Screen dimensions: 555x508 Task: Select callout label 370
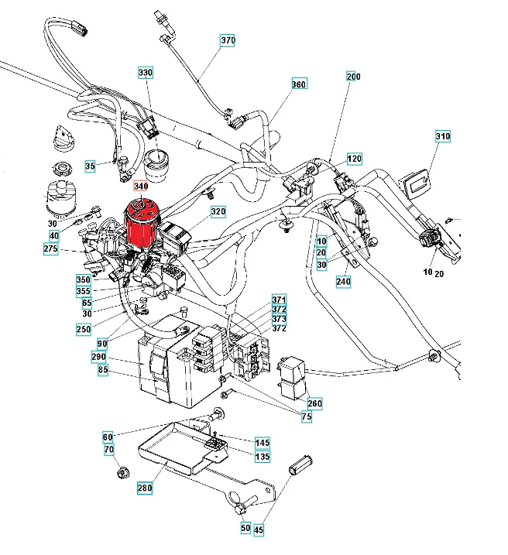coord(228,40)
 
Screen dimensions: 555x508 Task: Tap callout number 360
coord(299,84)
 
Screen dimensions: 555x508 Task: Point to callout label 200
coord(353,77)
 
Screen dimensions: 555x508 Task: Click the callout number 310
coord(442,137)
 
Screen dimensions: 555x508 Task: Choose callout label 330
coord(146,73)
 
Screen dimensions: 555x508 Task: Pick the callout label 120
coord(354,159)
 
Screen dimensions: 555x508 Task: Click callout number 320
coord(218,211)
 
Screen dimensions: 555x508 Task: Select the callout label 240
coord(344,282)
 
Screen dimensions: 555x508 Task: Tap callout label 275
coord(51,249)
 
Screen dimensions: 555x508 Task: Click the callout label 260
coord(314,403)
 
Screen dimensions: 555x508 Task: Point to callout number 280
coord(145,488)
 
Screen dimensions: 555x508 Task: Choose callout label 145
coord(263,443)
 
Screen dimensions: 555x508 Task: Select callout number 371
coord(279,300)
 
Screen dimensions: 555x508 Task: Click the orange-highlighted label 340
coord(139,187)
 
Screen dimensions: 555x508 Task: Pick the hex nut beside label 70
coord(122,471)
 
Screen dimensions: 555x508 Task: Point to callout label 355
coord(83,291)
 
